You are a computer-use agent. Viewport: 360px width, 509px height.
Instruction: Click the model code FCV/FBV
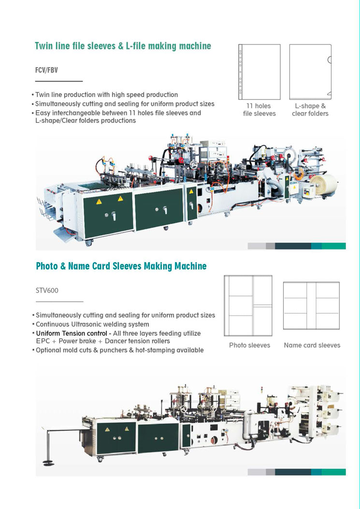(x=46, y=70)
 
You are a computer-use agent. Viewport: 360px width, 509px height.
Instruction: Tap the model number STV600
(x=47, y=290)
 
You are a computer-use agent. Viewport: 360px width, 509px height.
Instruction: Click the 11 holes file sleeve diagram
(x=259, y=72)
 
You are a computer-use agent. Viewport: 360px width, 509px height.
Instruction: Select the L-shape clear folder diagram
(x=310, y=72)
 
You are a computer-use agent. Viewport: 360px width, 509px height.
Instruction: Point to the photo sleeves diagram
(x=248, y=306)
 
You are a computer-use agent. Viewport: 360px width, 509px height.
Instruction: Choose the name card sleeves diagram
(x=311, y=306)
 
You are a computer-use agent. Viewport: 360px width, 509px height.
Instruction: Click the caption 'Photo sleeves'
(x=249, y=345)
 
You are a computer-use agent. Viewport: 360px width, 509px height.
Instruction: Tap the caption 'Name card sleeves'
(x=312, y=345)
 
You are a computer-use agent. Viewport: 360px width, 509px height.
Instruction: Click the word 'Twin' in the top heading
(x=43, y=46)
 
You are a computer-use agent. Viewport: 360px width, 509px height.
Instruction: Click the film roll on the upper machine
(x=323, y=184)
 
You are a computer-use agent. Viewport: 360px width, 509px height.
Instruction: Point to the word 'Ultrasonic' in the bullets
(x=86, y=324)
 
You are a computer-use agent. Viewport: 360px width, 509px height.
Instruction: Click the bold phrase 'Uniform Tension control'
(x=72, y=333)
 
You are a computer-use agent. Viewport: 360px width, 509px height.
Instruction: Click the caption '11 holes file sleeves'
(x=259, y=110)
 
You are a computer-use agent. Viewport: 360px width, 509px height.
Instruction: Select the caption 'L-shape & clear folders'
(x=310, y=110)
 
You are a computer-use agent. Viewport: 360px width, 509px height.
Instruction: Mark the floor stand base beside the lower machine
(x=49, y=462)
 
